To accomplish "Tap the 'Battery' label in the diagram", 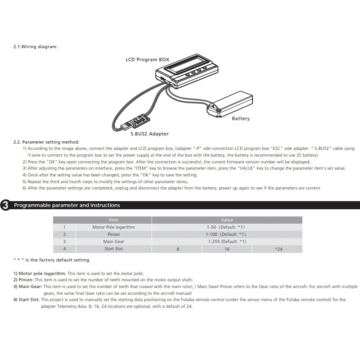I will point(241,119).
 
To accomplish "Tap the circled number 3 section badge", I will point(5,206).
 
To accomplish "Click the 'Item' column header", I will point(113,220).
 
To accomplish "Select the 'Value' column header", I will point(227,220).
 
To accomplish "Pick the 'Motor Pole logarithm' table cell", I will point(113,227).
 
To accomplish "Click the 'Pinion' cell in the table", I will point(113,234).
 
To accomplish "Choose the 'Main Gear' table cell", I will point(113,242).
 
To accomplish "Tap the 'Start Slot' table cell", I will point(113,249).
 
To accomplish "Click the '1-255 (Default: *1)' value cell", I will point(227,242).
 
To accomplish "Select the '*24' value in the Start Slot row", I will point(279,249).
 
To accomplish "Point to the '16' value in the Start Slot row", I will point(227,249).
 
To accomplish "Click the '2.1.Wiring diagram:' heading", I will point(36,47).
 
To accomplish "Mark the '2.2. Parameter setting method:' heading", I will point(46,142).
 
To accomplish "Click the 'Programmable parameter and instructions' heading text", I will point(67,205).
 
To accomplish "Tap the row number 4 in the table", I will point(64,249).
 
